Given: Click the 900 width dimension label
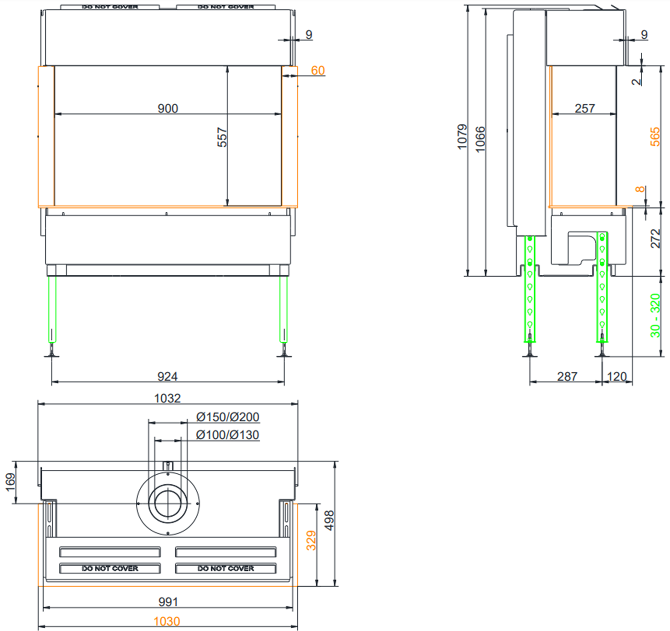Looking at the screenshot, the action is [167, 109].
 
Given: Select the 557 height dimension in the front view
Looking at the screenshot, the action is [222, 137].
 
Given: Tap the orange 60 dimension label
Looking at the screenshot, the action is [318, 70].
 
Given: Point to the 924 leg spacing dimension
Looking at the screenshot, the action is [167, 377].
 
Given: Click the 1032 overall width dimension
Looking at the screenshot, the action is [167, 398].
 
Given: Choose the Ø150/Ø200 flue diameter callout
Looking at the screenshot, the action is [228, 417].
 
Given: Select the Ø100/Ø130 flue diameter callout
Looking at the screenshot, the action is [228, 435].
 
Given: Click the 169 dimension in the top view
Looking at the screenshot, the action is [11, 482].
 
